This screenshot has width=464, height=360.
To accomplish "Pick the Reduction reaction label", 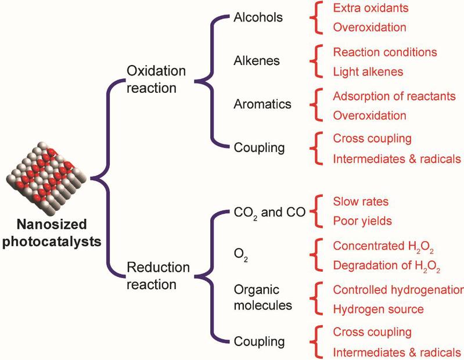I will [x=158, y=276].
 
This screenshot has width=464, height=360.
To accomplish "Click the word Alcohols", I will [x=258, y=17].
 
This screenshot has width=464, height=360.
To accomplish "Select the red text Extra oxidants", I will [x=370, y=9].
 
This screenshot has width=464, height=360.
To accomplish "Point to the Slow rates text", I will [x=361, y=201].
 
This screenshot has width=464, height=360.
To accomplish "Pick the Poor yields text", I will [x=363, y=221].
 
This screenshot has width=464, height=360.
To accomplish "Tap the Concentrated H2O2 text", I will [x=383, y=246].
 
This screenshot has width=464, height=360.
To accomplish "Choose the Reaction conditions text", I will [x=384, y=52].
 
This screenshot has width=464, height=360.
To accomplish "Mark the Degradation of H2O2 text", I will [x=387, y=267].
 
